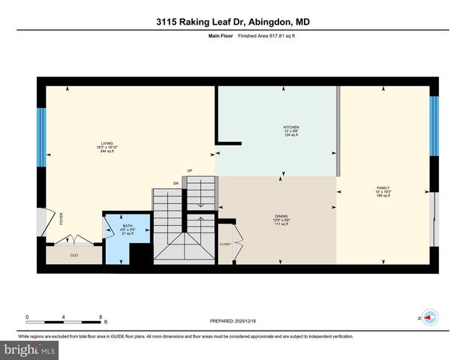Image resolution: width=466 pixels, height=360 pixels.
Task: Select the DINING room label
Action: click(281, 216)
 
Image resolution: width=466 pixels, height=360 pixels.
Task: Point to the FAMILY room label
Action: click(383, 187)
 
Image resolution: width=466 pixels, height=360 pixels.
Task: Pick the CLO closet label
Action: click(74, 255)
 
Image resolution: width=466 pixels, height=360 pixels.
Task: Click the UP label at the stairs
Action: click(190, 171)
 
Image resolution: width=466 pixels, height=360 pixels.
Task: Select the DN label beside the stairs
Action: click(176, 183)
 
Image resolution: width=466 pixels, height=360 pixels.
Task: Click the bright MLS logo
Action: click(30, 350)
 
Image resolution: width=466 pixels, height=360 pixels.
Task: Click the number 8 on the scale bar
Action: click(101, 316)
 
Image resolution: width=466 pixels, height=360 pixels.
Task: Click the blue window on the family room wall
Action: click(433, 126)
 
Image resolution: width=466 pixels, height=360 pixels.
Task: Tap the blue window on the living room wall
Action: click(41, 137)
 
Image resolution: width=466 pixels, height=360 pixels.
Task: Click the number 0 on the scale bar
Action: click(27, 316)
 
